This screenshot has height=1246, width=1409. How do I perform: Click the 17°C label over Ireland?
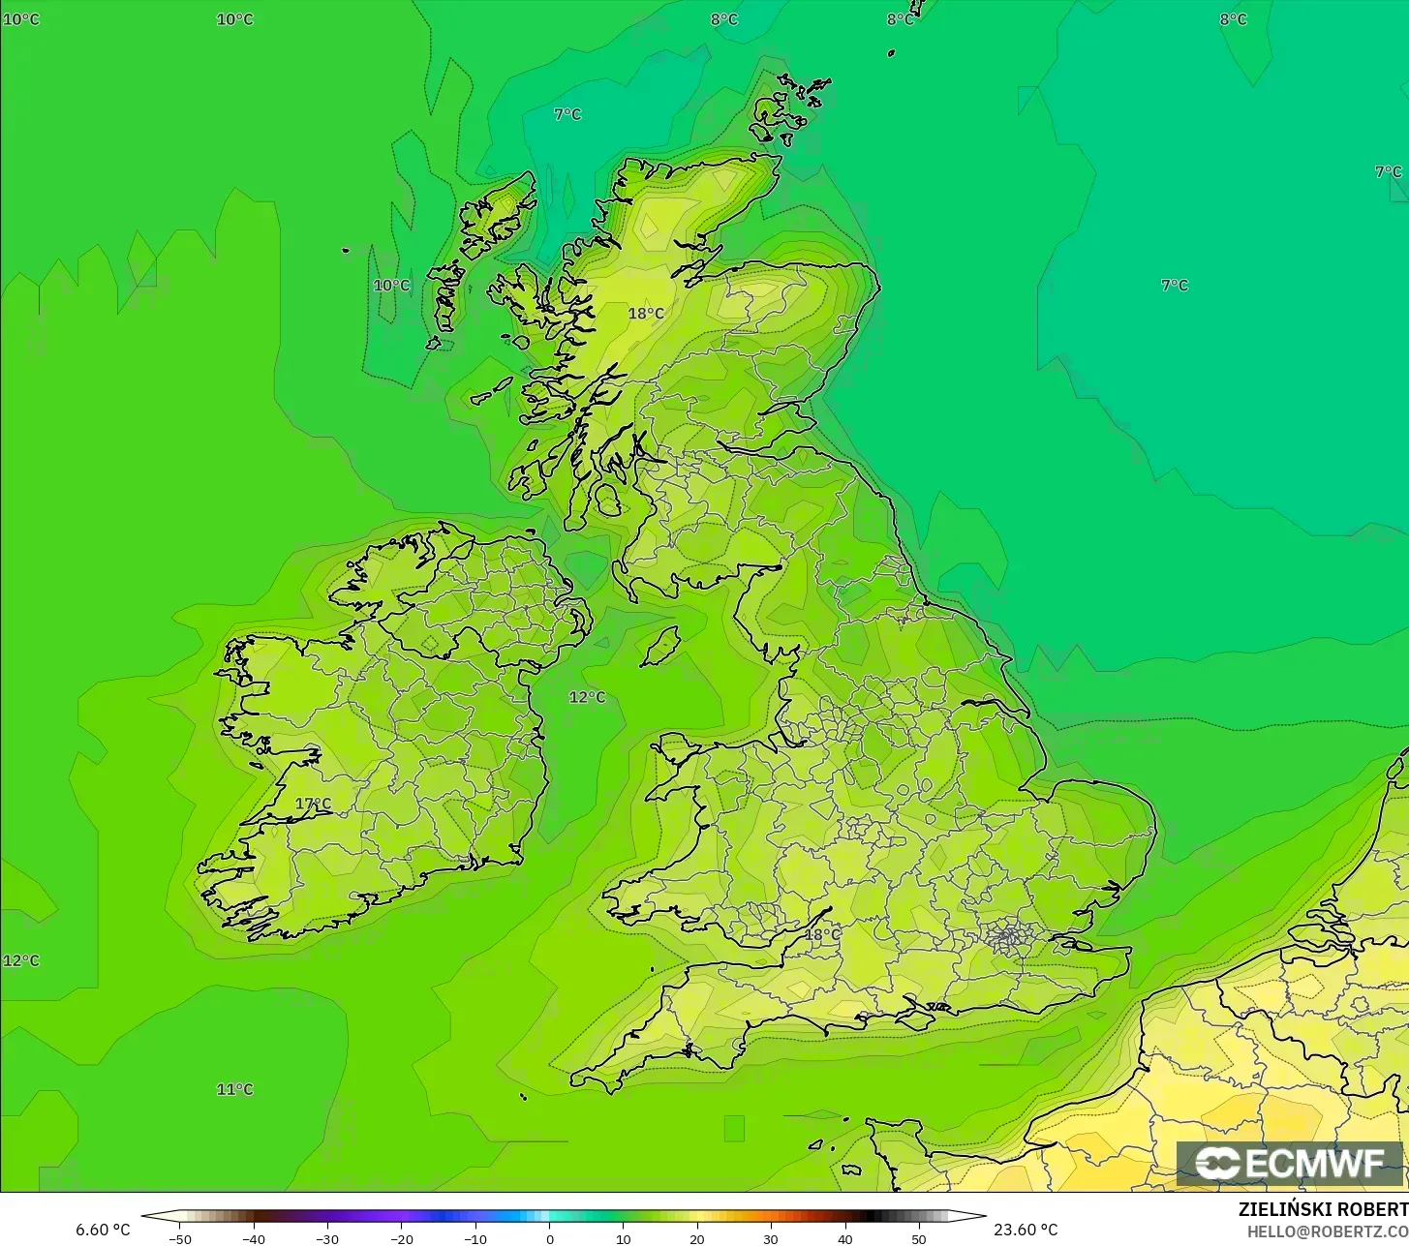click(x=313, y=804)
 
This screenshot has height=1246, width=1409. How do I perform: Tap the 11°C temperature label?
click(x=234, y=1089)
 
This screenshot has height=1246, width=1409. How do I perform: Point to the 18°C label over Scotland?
click(x=646, y=313)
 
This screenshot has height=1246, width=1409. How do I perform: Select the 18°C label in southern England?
click(x=822, y=934)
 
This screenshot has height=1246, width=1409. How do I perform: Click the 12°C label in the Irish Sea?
click(x=587, y=697)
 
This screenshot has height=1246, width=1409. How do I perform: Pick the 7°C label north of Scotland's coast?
click(x=567, y=114)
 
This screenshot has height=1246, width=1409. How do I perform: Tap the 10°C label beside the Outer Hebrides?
click(x=391, y=286)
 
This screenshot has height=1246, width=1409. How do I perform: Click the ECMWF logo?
click(x=1290, y=1164)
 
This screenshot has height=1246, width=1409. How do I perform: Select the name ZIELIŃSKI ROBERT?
click(x=1323, y=1209)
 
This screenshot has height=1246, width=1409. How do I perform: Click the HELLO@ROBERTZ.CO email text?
click(x=1328, y=1231)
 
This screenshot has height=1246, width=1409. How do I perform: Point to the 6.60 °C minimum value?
click(x=103, y=1230)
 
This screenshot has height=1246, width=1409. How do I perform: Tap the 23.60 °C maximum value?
click(x=1026, y=1230)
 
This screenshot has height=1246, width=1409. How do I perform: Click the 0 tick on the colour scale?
click(x=549, y=1238)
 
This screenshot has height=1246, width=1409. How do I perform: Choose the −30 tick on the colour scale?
click(x=327, y=1238)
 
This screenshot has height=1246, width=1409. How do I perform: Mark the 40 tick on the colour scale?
click(x=844, y=1238)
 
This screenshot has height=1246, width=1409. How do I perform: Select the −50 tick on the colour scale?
click(x=179, y=1238)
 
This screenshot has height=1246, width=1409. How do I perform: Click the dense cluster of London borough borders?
click(x=1008, y=937)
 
